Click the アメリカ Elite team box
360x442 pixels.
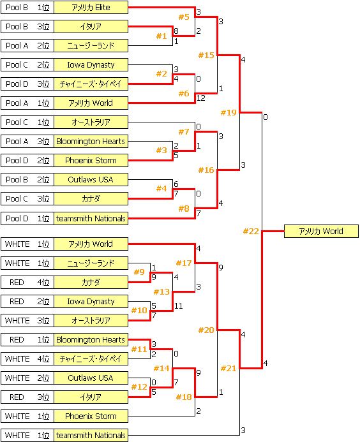[91, 8]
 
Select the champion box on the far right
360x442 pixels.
[321, 232]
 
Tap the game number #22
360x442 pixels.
[251, 232]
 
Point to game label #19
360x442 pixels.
[229, 113]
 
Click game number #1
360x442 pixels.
[161, 36]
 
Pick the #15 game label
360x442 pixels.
[206, 55]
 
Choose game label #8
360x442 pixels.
[184, 208]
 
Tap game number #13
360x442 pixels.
[161, 291]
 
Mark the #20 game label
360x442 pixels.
[206, 330]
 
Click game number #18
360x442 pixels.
[184, 397]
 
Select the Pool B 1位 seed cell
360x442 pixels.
[27, 8]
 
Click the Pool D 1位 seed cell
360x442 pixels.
[27, 218]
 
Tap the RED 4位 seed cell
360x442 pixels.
[27, 282]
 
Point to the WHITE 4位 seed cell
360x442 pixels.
[27, 359]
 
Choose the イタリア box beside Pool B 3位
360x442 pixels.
[91, 27]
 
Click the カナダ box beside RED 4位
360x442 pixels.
[91, 282]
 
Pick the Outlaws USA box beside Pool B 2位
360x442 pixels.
[91, 180]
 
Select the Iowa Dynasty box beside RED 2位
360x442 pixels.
[91, 301]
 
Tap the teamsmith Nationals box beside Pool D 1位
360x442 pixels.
[91, 218]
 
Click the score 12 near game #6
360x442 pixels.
[201, 98]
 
